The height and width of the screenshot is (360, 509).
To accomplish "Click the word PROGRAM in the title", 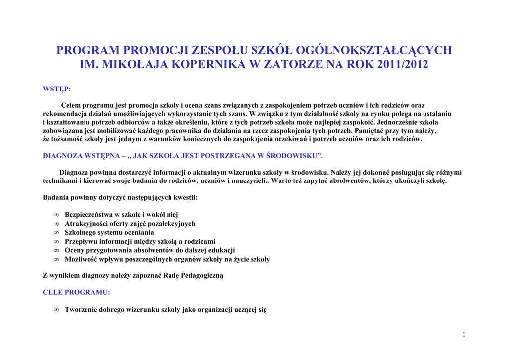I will (87, 50).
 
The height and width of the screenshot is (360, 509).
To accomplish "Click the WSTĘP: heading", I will (57, 89).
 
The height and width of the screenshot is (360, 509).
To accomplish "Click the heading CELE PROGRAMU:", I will (77, 292).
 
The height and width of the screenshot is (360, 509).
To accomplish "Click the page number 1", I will (464, 335).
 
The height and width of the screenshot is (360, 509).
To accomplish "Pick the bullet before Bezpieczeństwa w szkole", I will (56, 215).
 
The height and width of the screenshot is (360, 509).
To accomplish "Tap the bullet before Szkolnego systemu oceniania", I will (56, 233).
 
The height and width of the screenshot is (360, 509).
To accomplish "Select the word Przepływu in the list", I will (81, 241).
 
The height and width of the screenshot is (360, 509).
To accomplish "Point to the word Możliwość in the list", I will (81, 259).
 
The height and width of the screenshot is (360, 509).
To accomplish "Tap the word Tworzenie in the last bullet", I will (82, 310).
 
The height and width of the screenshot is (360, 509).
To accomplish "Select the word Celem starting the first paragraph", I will (71, 105).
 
